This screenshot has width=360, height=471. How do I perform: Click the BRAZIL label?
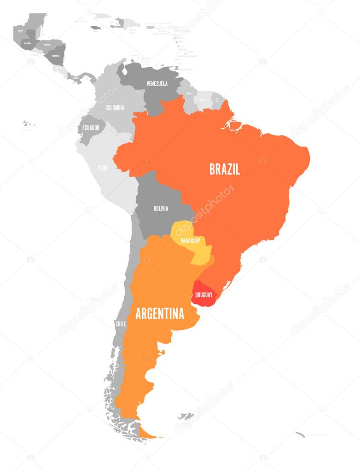pyautogui.click(x=225, y=169)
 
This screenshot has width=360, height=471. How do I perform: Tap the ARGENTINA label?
pyautogui.click(x=160, y=314)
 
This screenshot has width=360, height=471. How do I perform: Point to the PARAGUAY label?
pyautogui.click(x=190, y=240)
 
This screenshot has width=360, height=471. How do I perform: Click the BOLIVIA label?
pyautogui.click(x=161, y=209)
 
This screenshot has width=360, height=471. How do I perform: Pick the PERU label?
pyautogui.click(x=103, y=168)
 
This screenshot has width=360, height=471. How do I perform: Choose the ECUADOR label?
pyautogui.click(x=91, y=128)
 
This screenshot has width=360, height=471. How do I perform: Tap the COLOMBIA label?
pyautogui.click(x=115, y=108)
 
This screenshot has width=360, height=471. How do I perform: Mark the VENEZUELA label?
pyautogui.click(x=157, y=84)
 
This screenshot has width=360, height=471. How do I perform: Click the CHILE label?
pyautogui.click(x=121, y=324)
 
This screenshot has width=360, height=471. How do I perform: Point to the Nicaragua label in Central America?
pyautogui.click(x=56, y=56)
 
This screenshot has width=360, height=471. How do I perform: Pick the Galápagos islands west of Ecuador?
pyautogui.click(x=28, y=123)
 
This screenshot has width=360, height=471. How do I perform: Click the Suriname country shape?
pyautogui.click(x=202, y=99)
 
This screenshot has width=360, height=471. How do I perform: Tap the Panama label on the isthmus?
pyautogui.click(x=76, y=78)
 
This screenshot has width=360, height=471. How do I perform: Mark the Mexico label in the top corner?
pyautogui.click(x=20, y=30)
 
